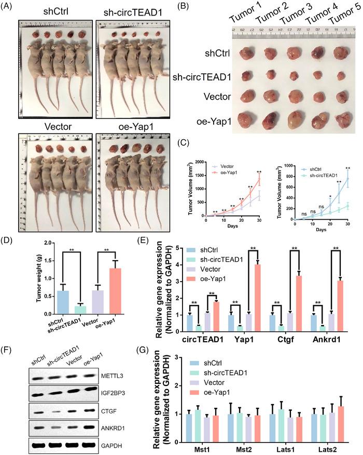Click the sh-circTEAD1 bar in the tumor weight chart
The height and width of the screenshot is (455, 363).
point(81,307)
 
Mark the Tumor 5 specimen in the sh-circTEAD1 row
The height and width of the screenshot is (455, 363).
point(339,76)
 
